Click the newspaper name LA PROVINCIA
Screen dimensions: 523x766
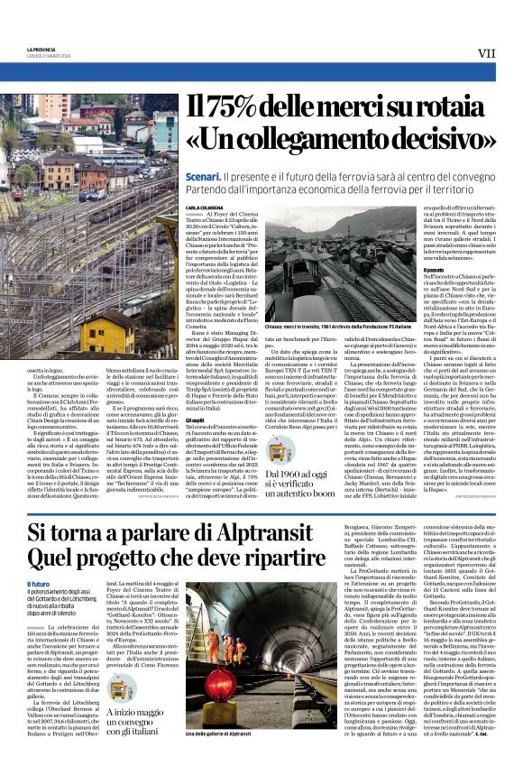44,50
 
